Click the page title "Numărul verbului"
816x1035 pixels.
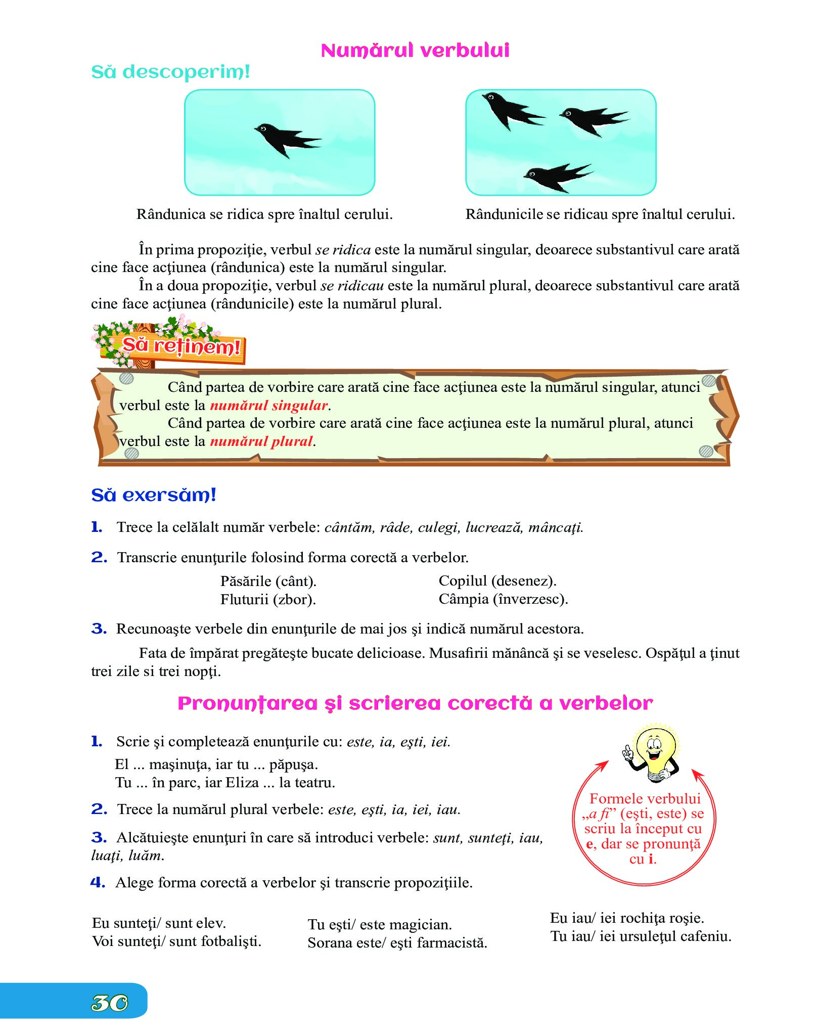click(x=415, y=50)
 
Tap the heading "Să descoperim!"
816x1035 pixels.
click(x=170, y=72)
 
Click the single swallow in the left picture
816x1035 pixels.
click(x=286, y=139)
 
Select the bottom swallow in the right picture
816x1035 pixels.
click(x=556, y=176)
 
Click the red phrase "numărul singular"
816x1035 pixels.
click(x=269, y=406)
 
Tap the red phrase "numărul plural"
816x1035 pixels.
click(x=261, y=441)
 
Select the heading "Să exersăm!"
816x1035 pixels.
click(x=154, y=495)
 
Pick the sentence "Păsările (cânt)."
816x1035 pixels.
click(x=268, y=581)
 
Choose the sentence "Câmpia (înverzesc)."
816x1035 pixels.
click(x=503, y=599)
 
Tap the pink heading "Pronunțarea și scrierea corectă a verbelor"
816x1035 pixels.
click(x=415, y=703)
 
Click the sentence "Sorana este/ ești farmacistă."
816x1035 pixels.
click(x=397, y=943)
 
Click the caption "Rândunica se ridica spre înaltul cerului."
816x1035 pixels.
click(x=264, y=214)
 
